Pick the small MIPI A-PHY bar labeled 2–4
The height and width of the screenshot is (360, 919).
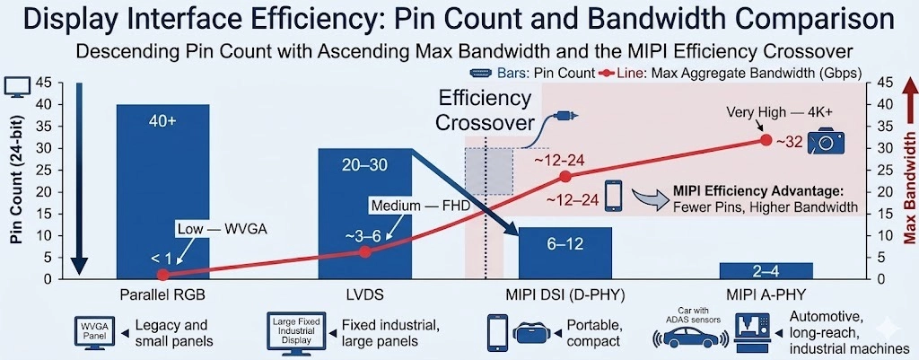tap(766, 270)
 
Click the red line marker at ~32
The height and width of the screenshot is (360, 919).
tap(766, 140)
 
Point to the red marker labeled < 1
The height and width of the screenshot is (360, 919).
tap(162, 275)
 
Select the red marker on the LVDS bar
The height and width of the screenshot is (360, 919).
tap(364, 252)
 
